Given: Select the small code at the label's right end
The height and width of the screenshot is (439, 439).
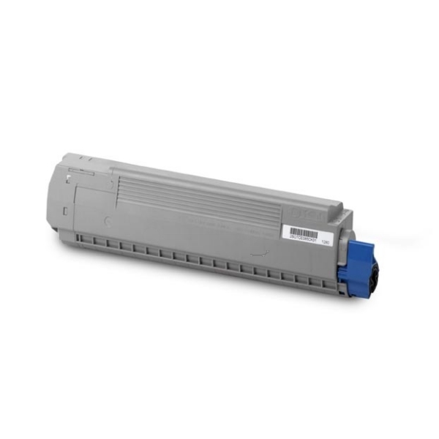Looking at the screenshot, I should (327, 238).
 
